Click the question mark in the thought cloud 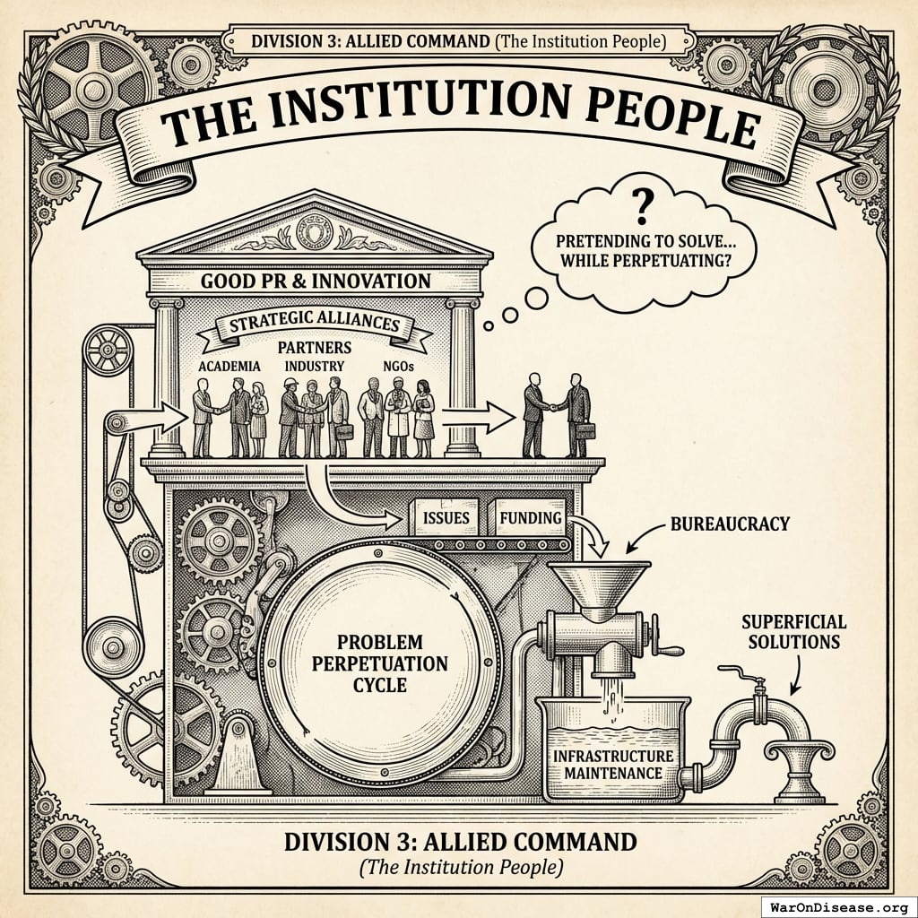click(x=640, y=208)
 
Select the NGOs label click(x=397, y=366)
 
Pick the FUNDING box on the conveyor click(x=530, y=519)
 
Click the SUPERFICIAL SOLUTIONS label click(x=793, y=631)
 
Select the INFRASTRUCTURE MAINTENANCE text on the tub click(x=609, y=765)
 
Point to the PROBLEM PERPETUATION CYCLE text click(x=379, y=663)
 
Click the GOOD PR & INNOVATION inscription click(x=316, y=281)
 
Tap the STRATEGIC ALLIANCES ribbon click(x=313, y=325)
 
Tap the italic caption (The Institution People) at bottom click(x=460, y=868)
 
